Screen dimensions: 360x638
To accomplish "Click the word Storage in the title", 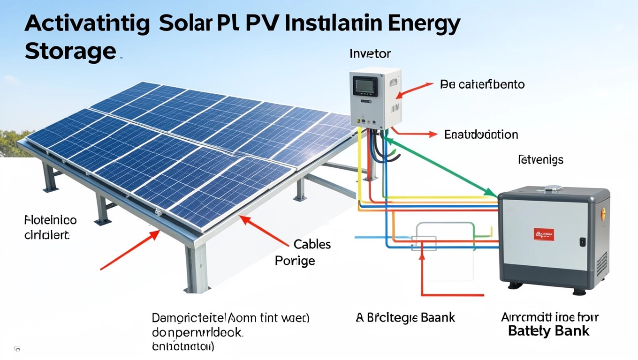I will click(69, 51).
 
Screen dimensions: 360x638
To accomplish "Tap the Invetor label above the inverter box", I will click(370, 54).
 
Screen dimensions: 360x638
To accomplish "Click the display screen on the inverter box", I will click(365, 87).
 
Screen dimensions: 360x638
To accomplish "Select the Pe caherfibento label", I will click(482, 85).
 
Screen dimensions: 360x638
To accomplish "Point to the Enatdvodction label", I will click(481, 135).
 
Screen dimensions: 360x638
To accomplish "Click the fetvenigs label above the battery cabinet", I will click(540, 160).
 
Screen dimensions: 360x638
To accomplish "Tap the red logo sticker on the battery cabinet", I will click(544, 234).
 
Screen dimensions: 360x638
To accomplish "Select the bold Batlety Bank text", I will click(548, 331).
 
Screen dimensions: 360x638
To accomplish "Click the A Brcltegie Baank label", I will click(405, 318).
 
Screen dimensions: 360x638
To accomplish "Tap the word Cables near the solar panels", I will click(312, 244).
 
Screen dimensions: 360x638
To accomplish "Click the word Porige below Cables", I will click(295, 261).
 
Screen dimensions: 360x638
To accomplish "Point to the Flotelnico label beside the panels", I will click(50, 220).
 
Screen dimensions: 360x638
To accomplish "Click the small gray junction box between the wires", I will click(424, 243).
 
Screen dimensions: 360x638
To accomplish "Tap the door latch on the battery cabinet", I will click(583, 242).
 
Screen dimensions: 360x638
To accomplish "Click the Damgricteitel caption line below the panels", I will click(230, 318).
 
